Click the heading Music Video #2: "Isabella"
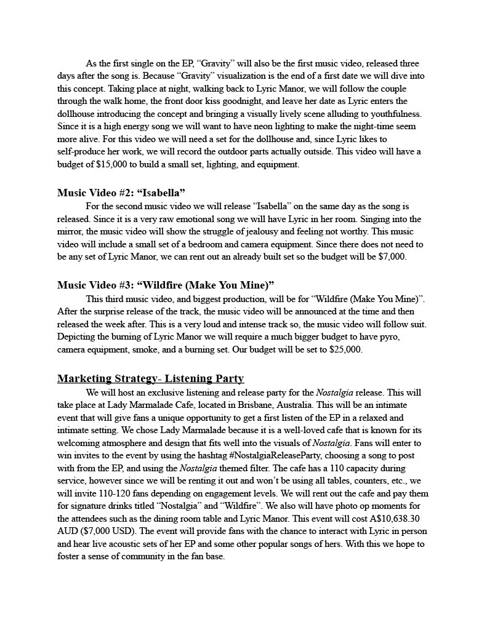click(121, 193)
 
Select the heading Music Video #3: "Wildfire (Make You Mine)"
click(166, 285)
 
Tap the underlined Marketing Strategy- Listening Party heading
click(150, 378)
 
